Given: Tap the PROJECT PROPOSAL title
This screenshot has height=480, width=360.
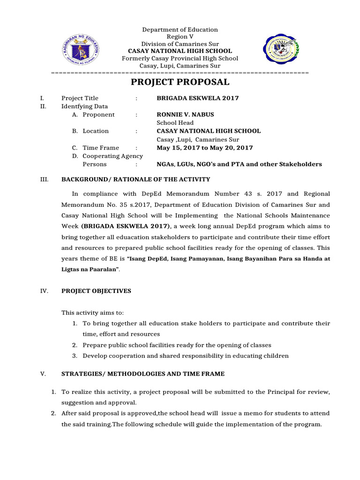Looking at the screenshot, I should coord(180,82).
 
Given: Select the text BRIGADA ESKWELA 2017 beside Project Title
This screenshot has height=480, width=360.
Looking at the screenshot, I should coord(197,98).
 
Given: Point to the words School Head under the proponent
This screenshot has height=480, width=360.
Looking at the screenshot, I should coord(175,123).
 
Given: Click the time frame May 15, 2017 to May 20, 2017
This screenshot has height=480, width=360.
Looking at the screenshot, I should coord(204,148).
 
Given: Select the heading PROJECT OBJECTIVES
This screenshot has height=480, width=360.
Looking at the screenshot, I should coord(97,291).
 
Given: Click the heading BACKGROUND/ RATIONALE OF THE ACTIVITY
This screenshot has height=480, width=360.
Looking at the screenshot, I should coord(136,180).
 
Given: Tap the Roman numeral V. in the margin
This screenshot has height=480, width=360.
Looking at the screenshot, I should coord(43,374).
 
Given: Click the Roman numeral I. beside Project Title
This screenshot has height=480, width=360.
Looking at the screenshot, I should coord(42,98).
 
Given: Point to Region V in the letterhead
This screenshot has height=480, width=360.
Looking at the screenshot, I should coord(180,37).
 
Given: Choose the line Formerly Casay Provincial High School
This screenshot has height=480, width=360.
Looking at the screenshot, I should coord(180,59).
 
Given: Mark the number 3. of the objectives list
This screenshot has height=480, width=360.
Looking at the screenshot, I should coord(75,356).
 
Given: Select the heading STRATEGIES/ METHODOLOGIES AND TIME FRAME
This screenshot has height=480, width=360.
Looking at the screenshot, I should coord(143,374).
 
